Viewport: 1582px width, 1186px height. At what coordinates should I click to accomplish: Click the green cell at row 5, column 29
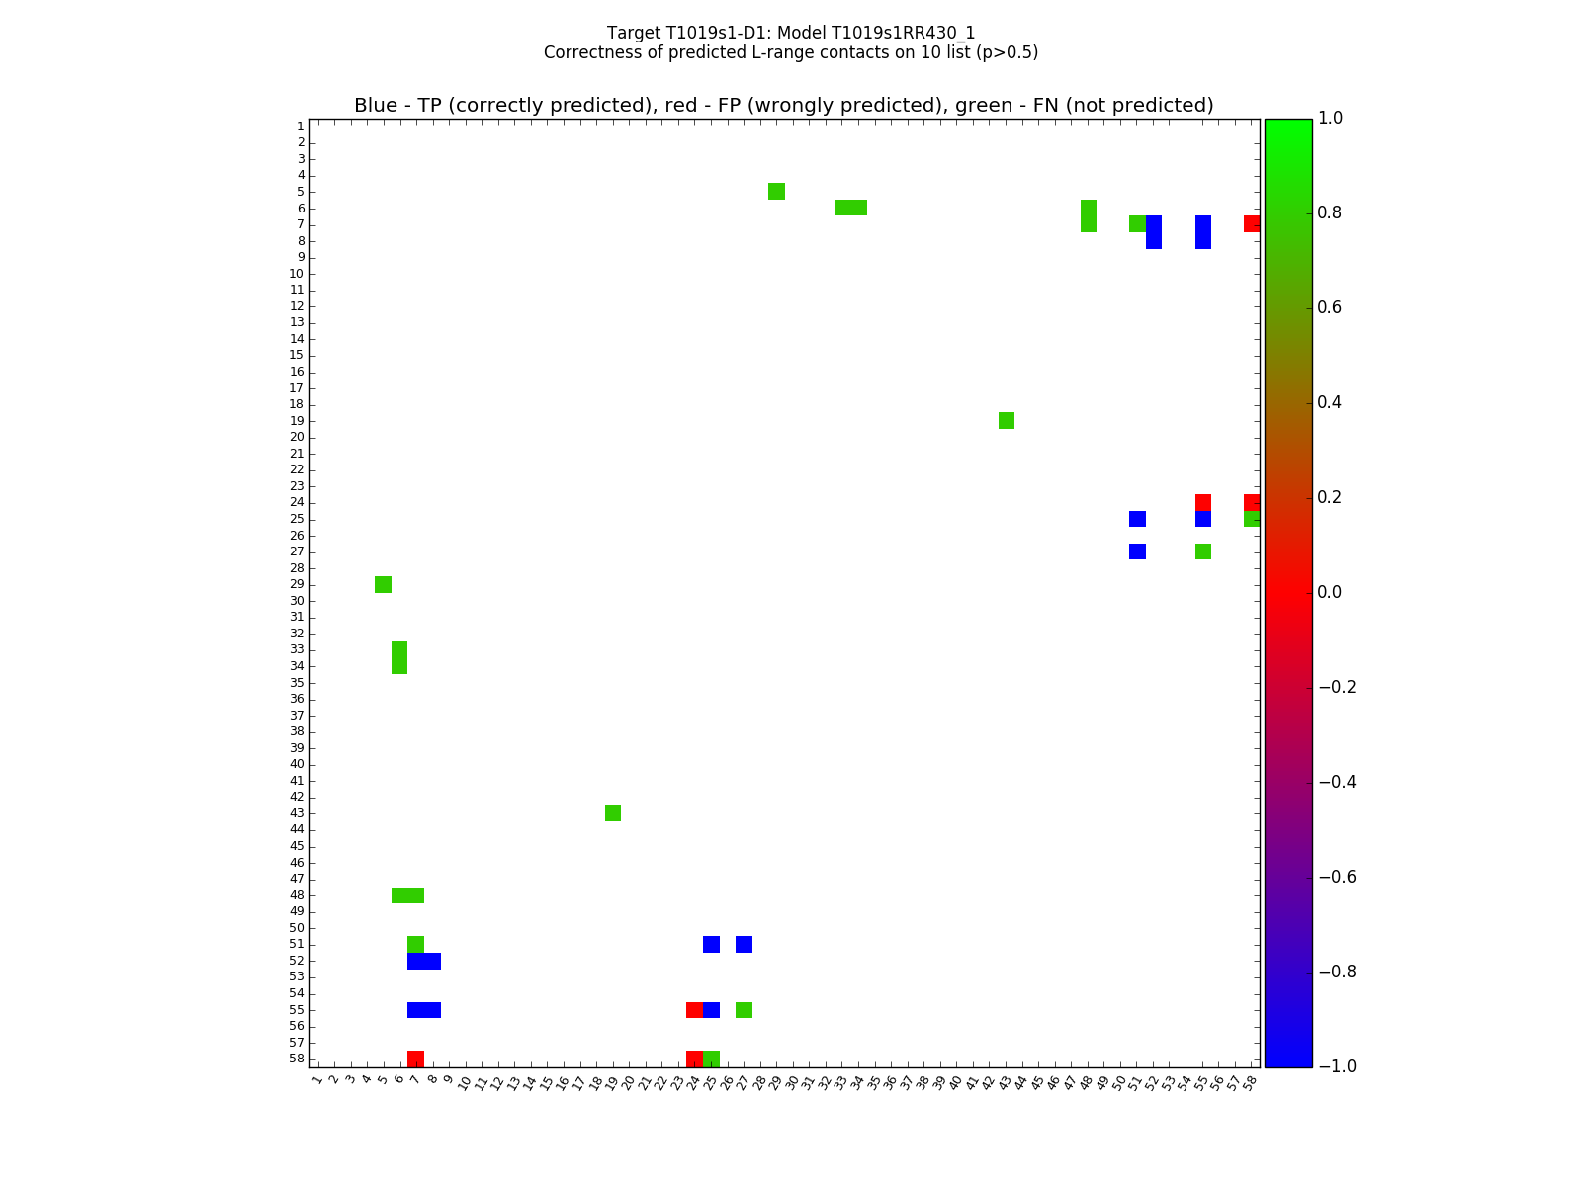click(x=776, y=191)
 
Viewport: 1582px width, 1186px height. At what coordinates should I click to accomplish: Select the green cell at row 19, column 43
click(x=1007, y=421)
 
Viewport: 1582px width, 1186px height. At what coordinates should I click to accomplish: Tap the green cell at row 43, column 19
click(x=613, y=813)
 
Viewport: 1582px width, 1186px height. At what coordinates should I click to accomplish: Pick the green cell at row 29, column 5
click(x=384, y=584)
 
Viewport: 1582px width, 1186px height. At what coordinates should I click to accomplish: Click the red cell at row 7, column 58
click(x=1252, y=224)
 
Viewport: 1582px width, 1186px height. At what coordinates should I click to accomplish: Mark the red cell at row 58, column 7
click(x=416, y=1059)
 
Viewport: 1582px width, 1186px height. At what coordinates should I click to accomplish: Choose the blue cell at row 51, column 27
click(x=744, y=944)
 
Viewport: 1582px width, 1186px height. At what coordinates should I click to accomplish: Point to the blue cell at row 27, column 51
click(x=1137, y=551)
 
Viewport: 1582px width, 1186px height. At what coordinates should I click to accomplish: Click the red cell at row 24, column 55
click(x=1203, y=502)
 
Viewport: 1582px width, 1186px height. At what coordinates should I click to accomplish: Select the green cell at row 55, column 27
click(x=744, y=1010)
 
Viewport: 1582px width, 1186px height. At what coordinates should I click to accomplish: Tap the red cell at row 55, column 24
click(x=694, y=1010)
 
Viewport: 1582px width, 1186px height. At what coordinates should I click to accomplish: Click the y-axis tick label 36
click(x=297, y=699)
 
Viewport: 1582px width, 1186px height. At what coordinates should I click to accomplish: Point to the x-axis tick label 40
click(x=955, y=1082)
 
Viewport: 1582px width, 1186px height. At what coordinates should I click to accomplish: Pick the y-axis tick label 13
click(x=297, y=322)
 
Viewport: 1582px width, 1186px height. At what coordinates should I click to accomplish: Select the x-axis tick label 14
click(x=529, y=1082)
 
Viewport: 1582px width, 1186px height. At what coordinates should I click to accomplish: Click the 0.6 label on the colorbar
click(x=1331, y=307)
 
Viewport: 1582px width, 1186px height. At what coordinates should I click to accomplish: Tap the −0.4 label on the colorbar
click(x=1337, y=782)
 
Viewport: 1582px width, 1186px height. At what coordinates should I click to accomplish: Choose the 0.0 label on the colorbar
click(x=1331, y=592)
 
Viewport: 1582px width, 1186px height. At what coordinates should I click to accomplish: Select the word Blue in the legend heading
click(x=376, y=106)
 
